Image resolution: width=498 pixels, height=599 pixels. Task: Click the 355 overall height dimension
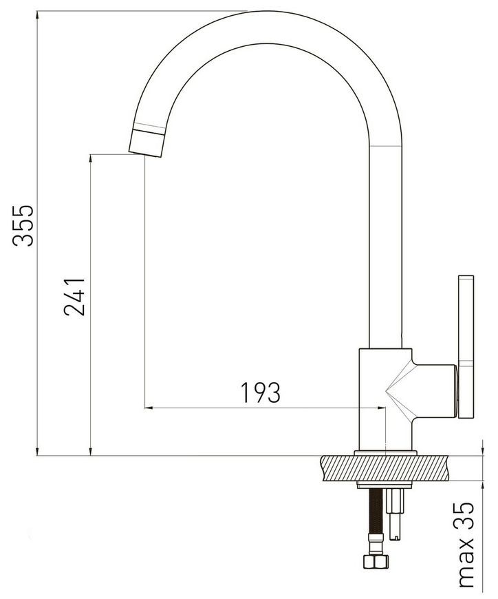click(x=23, y=226)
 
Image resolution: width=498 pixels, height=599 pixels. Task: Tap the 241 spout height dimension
click(x=74, y=297)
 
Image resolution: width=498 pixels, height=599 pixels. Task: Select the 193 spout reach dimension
click(x=261, y=392)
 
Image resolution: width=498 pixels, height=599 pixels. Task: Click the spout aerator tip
click(x=147, y=143)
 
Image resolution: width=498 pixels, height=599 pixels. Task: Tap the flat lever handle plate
click(x=466, y=346)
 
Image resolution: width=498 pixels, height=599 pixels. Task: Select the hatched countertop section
click(x=385, y=468)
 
